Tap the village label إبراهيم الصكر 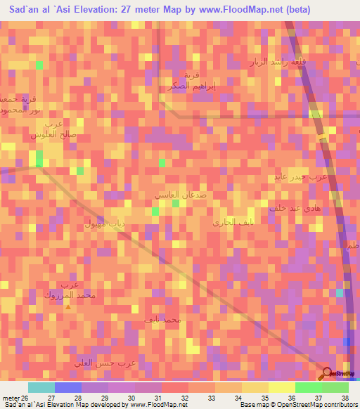(186, 85)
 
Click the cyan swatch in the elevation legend (41, 387)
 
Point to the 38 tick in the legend (344, 398)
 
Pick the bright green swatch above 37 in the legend (308, 387)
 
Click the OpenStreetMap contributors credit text (315, 405)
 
